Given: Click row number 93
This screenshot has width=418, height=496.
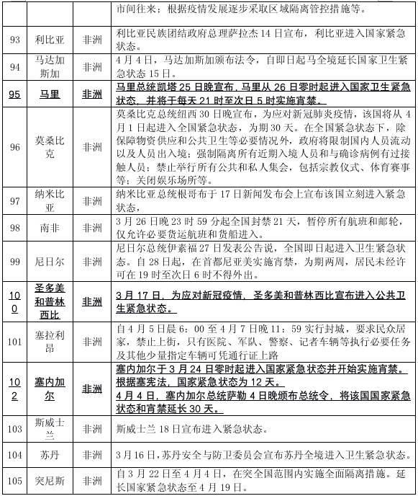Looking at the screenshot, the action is (14, 38).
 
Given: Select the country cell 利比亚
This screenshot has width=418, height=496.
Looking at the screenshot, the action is (51, 38).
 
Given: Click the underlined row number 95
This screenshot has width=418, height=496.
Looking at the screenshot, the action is (14, 94).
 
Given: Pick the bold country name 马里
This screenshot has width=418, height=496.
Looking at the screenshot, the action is (51, 94).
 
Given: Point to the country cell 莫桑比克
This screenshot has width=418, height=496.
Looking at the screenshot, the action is (51, 147).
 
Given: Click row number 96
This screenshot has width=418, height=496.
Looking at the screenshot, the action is (14, 147).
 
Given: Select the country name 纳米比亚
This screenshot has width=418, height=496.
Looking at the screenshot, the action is (51, 200).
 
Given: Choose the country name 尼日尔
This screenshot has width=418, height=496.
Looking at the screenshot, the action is (51, 260).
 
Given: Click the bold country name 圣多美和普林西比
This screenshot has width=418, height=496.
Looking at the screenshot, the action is (51, 302).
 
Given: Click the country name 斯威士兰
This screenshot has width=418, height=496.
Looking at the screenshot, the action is (51, 430).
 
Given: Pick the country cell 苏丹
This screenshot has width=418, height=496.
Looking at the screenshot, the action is (51, 456).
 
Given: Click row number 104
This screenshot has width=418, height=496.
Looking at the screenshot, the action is (14, 456).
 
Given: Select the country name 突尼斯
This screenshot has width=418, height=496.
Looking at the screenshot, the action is (51, 482).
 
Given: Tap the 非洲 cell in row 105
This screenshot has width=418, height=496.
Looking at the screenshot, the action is (93, 482).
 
